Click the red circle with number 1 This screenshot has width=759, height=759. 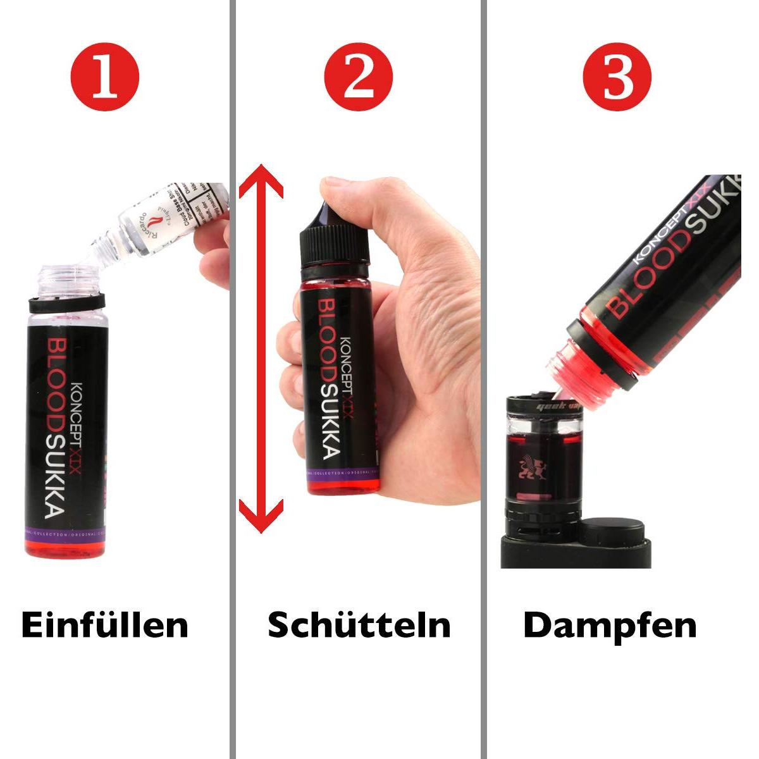coord(105,77)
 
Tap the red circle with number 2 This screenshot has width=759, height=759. coord(359,77)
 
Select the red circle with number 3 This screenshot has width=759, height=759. coord(617,77)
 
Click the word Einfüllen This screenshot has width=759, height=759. coord(105,625)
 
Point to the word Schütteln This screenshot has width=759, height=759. coord(359,625)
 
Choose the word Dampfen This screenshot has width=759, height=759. coord(610,625)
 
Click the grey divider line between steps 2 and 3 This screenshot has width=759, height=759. coord(484,379)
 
